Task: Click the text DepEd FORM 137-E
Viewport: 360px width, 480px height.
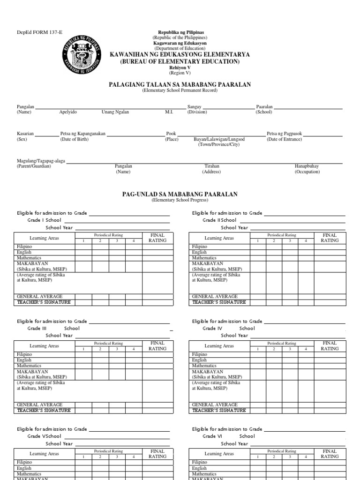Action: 36,32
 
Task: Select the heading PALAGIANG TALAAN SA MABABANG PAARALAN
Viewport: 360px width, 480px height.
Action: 180,84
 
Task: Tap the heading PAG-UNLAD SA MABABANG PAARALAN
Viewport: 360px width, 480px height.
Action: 180,194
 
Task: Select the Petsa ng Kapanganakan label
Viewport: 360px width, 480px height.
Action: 82,134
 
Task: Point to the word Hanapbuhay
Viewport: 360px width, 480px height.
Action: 307,166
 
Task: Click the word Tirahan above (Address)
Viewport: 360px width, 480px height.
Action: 211,166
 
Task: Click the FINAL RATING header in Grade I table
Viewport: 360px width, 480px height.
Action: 157,238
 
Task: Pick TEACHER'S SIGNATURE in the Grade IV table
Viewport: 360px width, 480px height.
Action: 219,410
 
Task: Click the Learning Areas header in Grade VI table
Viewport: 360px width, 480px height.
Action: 219,454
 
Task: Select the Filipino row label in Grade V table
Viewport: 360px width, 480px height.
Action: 24,462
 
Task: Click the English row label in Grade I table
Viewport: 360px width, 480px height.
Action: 24,252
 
